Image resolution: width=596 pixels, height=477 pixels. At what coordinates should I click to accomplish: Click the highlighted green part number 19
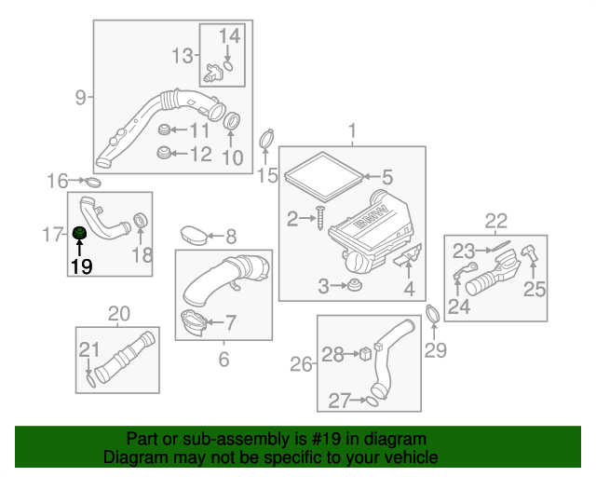[80, 232]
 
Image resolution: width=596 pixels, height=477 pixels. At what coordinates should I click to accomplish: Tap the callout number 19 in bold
[81, 266]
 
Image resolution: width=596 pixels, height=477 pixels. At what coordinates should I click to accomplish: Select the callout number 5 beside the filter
[386, 176]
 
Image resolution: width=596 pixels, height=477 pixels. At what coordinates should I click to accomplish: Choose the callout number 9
[80, 96]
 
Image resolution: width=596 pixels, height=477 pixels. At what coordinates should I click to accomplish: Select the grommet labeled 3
[354, 284]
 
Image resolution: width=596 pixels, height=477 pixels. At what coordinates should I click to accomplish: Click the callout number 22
[495, 221]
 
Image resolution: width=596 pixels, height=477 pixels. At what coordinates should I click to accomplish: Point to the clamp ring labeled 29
[433, 314]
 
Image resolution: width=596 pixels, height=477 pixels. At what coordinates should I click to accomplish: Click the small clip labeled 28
[367, 354]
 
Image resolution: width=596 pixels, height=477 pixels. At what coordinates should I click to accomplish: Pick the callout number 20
[118, 312]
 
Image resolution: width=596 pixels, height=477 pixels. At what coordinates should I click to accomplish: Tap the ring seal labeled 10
[232, 120]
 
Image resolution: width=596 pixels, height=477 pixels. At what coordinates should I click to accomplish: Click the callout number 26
[301, 364]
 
